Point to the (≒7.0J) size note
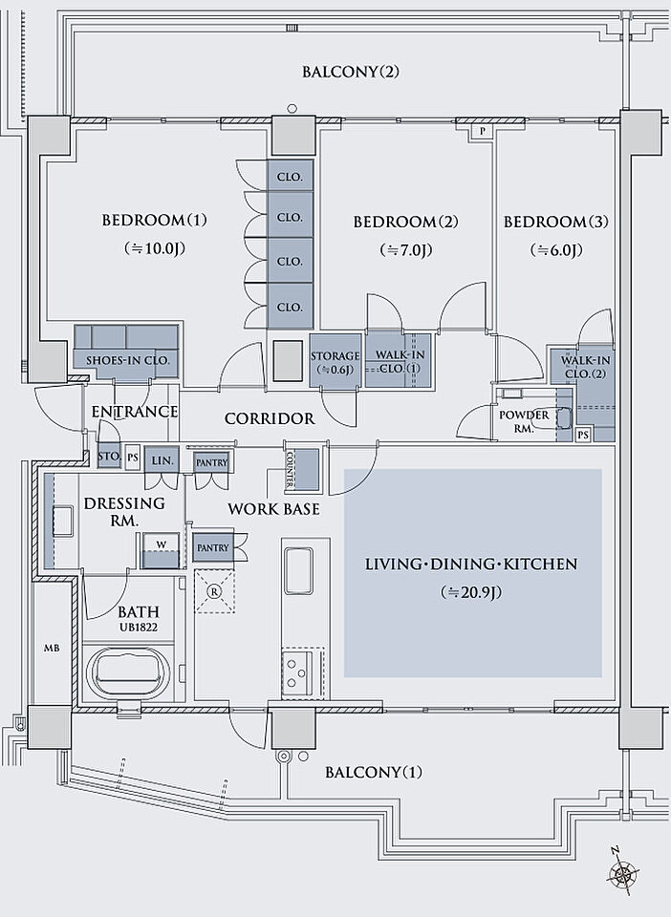pyautogui.click(x=406, y=251)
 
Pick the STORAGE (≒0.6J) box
pyautogui.click(x=335, y=362)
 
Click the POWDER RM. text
pyautogui.click(x=524, y=421)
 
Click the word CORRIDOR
pyautogui.click(x=270, y=418)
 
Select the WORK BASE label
pyautogui.click(x=273, y=509)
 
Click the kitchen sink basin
pyautogui.click(x=299, y=569)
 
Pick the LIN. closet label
pyautogui.click(x=161, y=459)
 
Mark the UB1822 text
pyautogui.click(x=139, y=629)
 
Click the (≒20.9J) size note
pyautogui.click(x=471, y=592)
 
